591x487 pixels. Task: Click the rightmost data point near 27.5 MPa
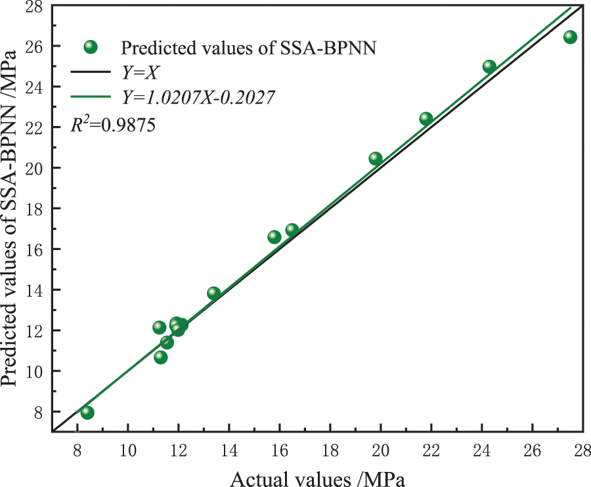(x=570, y=37)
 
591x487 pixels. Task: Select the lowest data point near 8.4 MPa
(x=87, y=412)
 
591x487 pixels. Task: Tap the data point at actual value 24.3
(x=489, y=66)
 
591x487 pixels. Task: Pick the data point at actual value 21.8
(x=426, y=119)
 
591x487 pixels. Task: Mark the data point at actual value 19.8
(x=376, y=158)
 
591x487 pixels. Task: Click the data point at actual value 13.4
(x=213, y=293)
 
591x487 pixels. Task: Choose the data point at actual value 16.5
(x=292, y=230)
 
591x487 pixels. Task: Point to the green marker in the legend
(x=91, y=47)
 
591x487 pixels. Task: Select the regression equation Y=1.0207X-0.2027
(x=198, y=98)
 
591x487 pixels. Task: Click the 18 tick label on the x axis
(x=330, y=451)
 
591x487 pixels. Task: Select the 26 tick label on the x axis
(x=532, y=451)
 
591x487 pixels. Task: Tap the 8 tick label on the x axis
(x=77, y=451)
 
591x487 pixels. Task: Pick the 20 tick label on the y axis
(x=36, y=168)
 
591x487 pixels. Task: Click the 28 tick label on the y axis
(x=36, y=6)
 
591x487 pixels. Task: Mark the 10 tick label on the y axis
(x=36, y=371)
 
